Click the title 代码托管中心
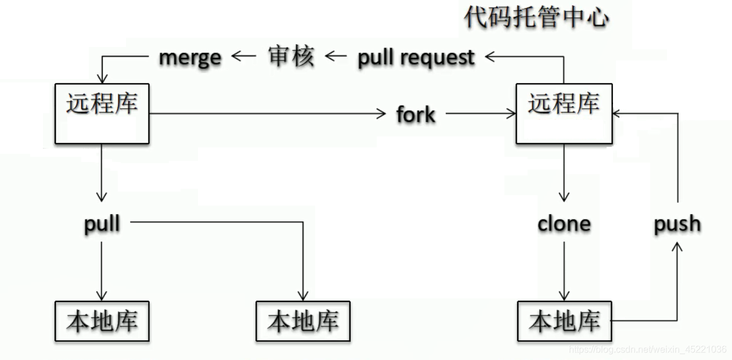(x=536, y=17)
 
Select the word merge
(x=190, y=57)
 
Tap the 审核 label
(x=291, y=56)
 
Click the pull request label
(x=416, y=57)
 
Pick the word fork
(x=416, y=114)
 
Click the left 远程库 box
(x=102, y=113)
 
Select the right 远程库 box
(x=564, y=113)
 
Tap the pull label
(x=102, y=223)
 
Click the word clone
(x=564, y=224)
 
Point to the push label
(x=677, y=224)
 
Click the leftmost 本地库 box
(x=102, y=321)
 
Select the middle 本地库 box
(x=303, y=321)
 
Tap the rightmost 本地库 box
(x=564, y=321)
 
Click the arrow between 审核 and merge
(x=243, y=56)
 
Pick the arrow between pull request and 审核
(x=336, y=56)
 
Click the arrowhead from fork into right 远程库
(x=511, y=114)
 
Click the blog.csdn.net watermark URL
(x=647, y=350)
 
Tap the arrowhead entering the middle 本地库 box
(x=303, y=296)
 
